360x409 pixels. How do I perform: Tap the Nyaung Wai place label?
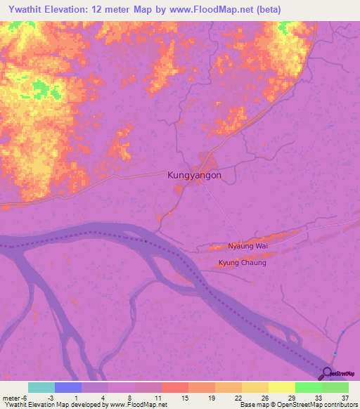click(247, 246)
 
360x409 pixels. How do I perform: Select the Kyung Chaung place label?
click(243, 263)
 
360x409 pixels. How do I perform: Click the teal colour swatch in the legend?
click(41, 387)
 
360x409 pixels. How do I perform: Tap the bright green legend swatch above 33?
click(308, 387)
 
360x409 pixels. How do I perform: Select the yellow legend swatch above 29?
click(281, 387)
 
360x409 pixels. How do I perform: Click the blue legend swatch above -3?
click(67, 387)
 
